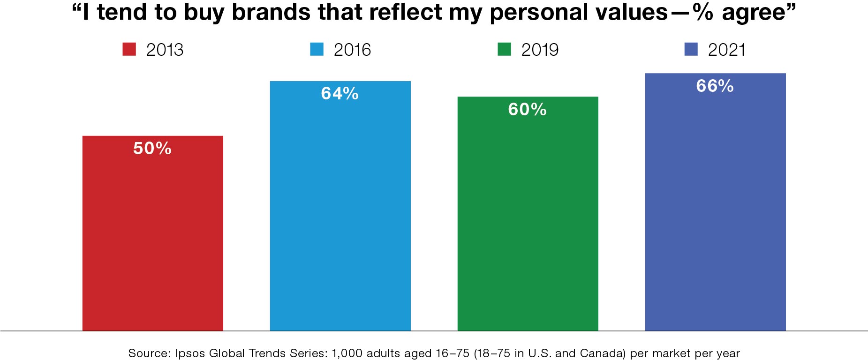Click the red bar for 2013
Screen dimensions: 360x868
pos(152,234)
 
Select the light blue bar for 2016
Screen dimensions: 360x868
pos(340,211)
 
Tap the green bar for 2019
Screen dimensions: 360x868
pos(528,220)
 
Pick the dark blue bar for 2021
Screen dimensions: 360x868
pos(715,206)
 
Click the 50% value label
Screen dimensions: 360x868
pos(152,149)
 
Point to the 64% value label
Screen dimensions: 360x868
pos(340,94)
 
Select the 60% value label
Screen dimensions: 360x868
pos(528,110)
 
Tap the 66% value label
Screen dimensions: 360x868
pos(715,86)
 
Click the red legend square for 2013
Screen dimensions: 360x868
pos(129,49)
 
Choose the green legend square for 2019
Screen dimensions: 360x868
pos(504,49)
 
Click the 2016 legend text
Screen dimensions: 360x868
pos(352,50)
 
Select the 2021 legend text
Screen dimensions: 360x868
pos(726,50)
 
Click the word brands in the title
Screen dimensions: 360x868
pos(271,12)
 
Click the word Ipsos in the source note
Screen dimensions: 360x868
pos(190,353)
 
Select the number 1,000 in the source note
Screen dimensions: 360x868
pos(347,353)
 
